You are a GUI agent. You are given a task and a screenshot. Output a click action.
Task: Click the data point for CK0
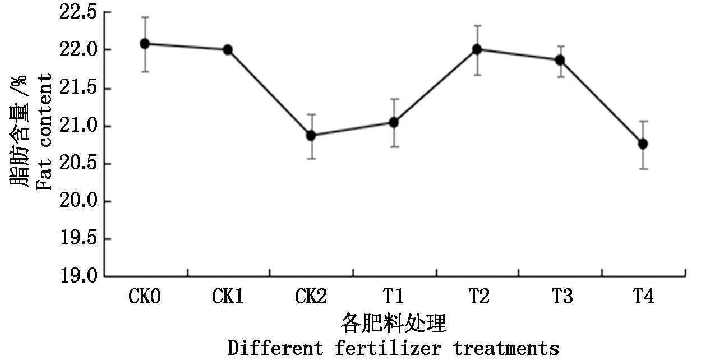(145, 44)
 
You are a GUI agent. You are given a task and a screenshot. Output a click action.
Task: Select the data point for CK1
(228, 49)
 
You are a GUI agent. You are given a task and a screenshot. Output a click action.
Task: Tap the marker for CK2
(311, 135)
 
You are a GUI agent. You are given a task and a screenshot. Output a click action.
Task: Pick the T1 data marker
(394, 122)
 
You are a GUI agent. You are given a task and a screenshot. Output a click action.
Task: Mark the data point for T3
(560, 60)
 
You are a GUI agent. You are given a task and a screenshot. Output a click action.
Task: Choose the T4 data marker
(643, 144)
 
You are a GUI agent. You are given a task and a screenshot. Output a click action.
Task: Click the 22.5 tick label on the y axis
(80, 12)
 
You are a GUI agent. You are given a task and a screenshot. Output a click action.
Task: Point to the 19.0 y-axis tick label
(80, 276)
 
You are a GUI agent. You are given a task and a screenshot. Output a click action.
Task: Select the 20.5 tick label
(80, 164)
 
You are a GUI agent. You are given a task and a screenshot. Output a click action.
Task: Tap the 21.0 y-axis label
(80, 126)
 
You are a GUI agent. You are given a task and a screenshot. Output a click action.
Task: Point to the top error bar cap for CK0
(145, 17)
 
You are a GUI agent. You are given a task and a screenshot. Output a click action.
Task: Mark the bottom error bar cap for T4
(643, 169)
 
